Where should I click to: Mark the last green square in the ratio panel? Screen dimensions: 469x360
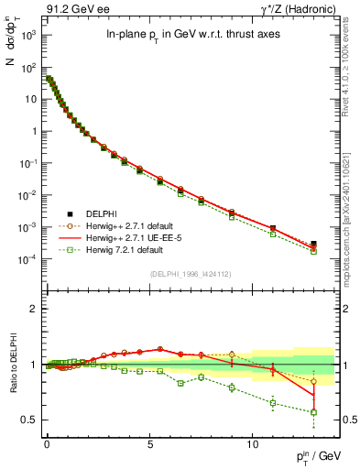(x=313, y=412)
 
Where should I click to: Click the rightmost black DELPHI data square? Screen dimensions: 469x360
(x=313, y=245)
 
